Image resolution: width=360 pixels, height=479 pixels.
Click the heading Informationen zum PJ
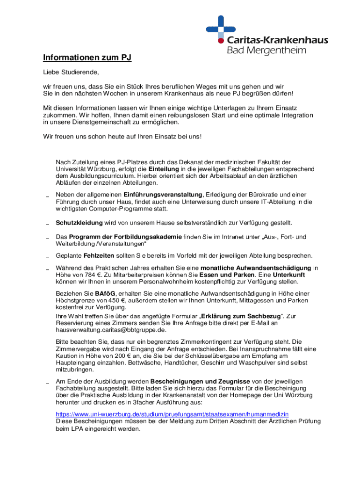click(87, 58)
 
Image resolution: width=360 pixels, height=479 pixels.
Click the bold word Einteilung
click(164, 169)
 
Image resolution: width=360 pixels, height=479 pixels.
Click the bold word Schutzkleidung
click(79, 223)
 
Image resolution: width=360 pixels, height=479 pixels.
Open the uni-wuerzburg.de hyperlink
click(172, 414)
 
